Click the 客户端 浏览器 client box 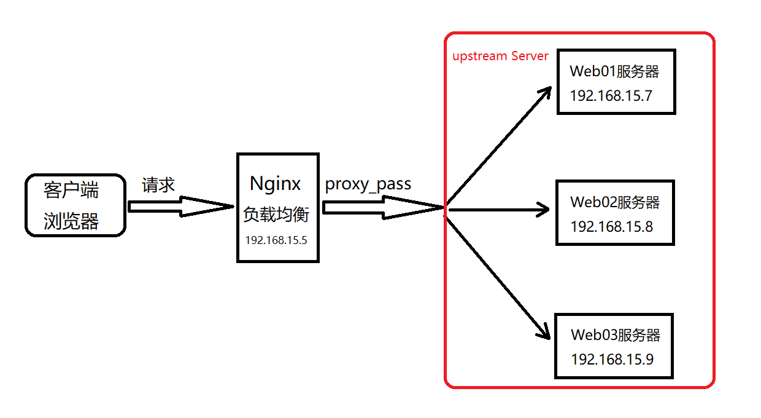[75, 205]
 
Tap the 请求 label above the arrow [158, 185]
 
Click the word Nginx [276, 183]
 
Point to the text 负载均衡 [276, 215]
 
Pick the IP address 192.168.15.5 [276, 240]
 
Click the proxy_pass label [368, 184]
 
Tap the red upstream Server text [500, 56]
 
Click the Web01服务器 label [614, 71]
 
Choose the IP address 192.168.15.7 [611, 96]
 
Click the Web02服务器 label [615, 202]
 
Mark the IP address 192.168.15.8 [611, 227]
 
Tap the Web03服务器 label [615, 335]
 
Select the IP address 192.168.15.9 [612, 360]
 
